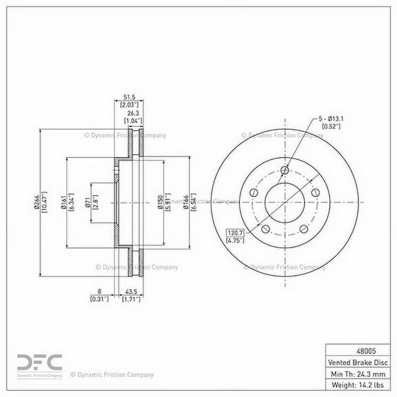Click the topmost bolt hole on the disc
pos(285,170)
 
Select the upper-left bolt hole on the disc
pos(254,193)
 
